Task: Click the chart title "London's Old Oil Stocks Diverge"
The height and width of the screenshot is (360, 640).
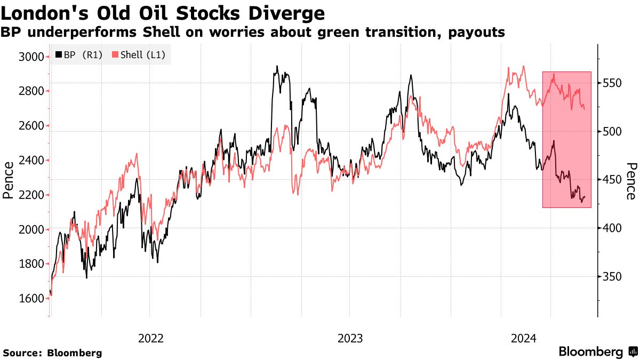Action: click(163, 12)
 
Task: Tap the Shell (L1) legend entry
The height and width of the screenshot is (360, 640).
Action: click(141, 55)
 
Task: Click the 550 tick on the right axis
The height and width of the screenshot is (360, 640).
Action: click(612, 83)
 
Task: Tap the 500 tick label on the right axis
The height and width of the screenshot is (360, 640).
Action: click(612, 132)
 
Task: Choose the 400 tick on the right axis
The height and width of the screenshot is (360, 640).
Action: click(612, 228)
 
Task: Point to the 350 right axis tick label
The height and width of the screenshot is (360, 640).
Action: click(612, 277)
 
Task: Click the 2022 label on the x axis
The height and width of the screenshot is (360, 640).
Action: click(150, 338)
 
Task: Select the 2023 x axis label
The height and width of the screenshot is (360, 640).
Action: click(350, 338)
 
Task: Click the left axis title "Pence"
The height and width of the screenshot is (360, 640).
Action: click(8, 180)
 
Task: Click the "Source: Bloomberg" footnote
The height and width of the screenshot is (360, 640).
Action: click(52, 353)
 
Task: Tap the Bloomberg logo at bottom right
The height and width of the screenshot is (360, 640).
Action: click(597, 352)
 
